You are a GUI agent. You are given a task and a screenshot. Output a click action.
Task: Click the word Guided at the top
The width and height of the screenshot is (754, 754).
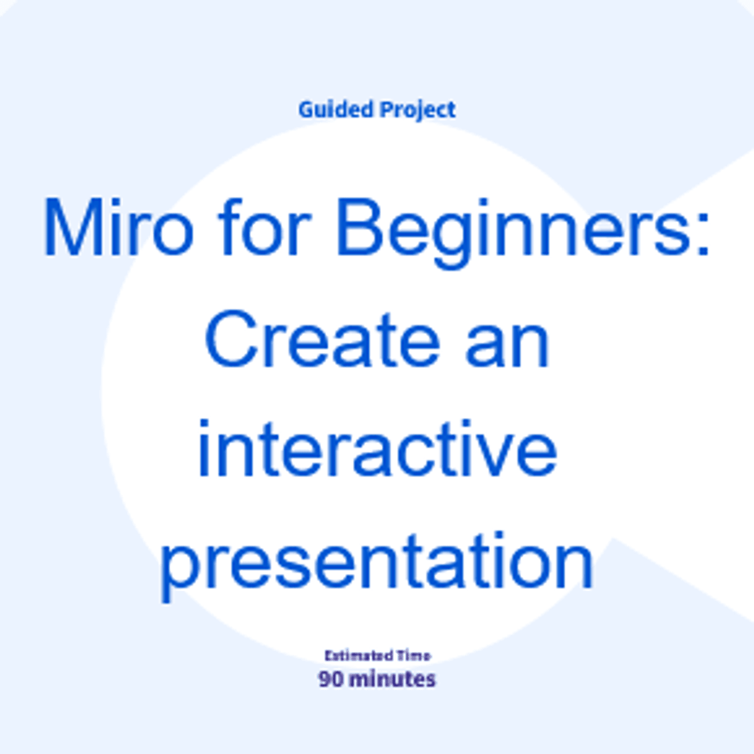336,109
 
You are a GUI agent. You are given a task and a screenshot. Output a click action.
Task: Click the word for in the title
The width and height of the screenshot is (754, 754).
265,226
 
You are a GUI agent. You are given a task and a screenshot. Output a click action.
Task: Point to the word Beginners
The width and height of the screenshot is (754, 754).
514,234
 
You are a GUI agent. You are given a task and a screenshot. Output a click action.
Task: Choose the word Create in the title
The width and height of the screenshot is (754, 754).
323,339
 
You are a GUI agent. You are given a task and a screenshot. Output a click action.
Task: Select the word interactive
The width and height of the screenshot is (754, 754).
378,449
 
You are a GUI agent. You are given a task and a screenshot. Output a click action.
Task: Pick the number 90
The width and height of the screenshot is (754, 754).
331,679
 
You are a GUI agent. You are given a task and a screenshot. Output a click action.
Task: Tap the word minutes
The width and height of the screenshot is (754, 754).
393,679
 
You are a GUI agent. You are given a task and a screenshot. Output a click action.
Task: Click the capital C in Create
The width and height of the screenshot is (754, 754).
231,339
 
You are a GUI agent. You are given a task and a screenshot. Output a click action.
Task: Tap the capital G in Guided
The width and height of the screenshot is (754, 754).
307,109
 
